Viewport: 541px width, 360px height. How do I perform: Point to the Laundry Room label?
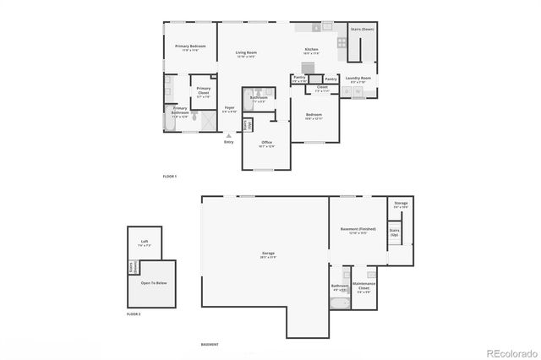358,79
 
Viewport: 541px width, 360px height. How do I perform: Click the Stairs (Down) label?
362,29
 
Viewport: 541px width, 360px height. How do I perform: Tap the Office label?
266,143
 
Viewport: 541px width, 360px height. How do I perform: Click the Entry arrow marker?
228,135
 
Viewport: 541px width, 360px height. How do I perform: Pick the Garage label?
268,254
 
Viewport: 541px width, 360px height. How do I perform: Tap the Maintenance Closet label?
364,285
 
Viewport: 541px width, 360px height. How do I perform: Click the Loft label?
145,243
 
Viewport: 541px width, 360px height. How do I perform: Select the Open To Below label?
153,283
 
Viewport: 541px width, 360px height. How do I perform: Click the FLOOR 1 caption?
170,176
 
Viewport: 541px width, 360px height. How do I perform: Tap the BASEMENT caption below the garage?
210,345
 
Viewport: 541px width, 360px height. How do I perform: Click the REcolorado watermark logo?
510,352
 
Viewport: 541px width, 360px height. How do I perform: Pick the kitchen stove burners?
342,42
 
